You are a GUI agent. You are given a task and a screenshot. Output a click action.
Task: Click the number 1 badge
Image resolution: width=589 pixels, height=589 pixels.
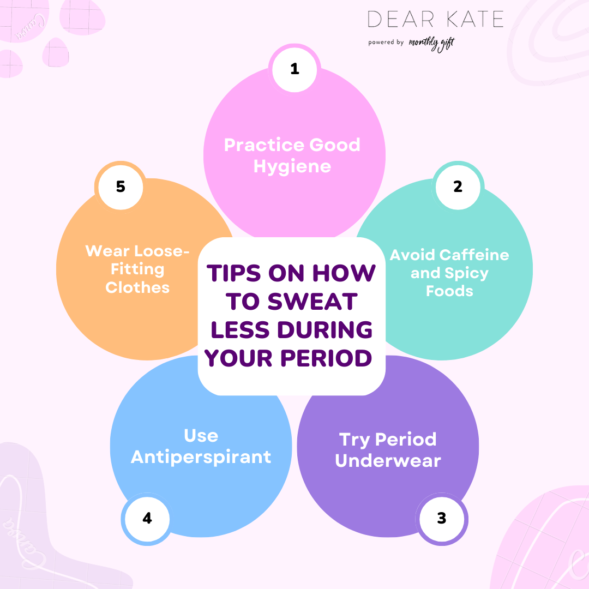click(x=294, y=69)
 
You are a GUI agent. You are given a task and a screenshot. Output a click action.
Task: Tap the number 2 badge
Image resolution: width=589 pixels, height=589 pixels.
click(x=458, y=187)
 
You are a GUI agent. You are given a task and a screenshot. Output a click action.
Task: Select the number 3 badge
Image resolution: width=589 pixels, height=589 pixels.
click(x=442, y=518)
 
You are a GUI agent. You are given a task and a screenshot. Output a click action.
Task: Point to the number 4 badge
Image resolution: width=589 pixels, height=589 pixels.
click(x=147, y=518)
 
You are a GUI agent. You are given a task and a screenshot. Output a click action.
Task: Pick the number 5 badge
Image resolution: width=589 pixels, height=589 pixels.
click(x=121, y=187)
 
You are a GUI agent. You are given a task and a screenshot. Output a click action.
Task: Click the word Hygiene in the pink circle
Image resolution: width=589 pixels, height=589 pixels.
click(x=292, y=166)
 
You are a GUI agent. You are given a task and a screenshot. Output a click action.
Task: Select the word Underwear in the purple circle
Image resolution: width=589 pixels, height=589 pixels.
click(x=388, y=460)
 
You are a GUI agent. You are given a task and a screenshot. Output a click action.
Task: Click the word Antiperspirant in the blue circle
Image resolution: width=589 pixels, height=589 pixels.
click(x=201, y=456)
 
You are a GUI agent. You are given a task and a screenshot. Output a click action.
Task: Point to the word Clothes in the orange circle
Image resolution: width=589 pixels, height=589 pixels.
click(x=137, y=287)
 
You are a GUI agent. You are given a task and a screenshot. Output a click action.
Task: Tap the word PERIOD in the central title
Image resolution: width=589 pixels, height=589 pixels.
click(x=332, y=358)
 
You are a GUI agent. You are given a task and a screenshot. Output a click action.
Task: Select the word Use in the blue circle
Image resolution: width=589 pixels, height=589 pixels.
click(x=201, y=436)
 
